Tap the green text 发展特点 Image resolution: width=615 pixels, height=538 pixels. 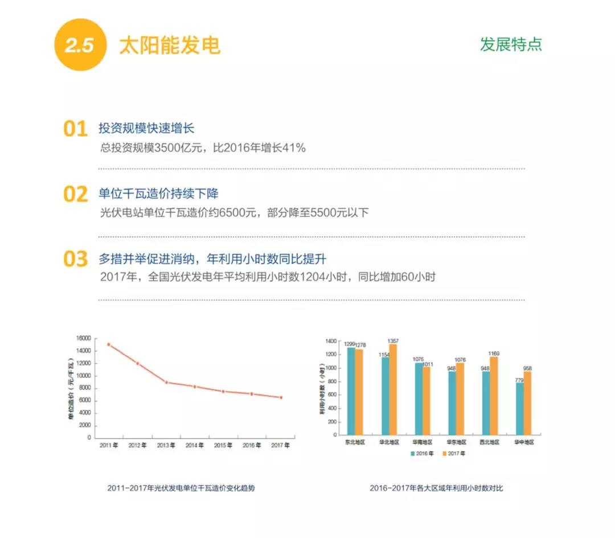[511, 44]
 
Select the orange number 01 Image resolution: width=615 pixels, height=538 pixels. [75, 129]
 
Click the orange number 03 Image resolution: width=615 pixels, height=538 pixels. [75, 259]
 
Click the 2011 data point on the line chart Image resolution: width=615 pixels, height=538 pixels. [108, 344]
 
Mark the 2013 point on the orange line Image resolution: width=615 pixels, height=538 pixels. [166, 382]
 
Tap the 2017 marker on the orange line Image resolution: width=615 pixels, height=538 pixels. [281, 397]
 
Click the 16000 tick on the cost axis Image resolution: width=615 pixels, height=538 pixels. [83, 338]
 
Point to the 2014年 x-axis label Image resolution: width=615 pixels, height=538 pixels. [195, 445]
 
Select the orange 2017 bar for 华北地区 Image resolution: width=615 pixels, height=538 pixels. [393, 391]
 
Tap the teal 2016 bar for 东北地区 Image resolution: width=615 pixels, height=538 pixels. [351, 392]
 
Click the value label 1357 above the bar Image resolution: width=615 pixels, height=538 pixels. [393, 341]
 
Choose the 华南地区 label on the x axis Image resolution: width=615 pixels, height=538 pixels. [422, 442]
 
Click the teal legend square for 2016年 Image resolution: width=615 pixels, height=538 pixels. [413, 454]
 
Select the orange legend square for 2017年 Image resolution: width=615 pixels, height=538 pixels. [444, 454]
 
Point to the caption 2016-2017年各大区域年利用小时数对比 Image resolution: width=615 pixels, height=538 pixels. [436, 488]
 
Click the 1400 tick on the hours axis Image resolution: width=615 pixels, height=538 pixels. [331, 341]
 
